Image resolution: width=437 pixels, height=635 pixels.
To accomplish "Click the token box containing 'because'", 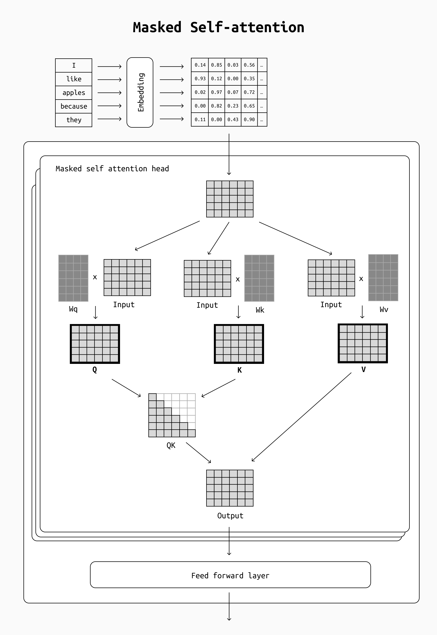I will click(74, 106).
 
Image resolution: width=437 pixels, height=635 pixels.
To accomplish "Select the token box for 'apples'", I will click(74, 93).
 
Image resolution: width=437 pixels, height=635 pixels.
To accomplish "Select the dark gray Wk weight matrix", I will click(259, 278).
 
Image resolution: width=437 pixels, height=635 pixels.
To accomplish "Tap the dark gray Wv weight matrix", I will click(383, 277).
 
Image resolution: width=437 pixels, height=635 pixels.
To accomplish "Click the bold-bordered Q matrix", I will click(95, 344).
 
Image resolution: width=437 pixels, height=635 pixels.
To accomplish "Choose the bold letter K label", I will click(239, 370).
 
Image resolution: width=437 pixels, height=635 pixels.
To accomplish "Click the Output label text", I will click(230, 516).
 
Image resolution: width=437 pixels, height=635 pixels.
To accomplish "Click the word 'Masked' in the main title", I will click(157, 27).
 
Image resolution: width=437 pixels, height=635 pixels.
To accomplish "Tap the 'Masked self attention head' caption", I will click(112, 169).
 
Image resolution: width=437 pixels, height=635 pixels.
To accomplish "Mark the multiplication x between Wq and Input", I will click(95, 277).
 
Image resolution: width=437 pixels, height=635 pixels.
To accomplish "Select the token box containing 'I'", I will click(74, 65).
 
